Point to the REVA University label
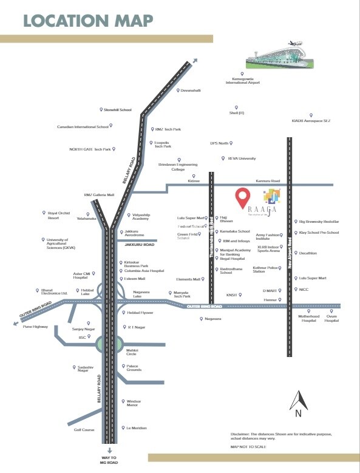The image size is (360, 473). point(242,158)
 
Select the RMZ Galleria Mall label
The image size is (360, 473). point(99,195)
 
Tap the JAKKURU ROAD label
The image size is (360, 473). point(140,244)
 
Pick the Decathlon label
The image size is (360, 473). point(308,253)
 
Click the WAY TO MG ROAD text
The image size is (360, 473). point(110,460)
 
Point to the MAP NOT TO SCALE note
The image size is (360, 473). point(248,446)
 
